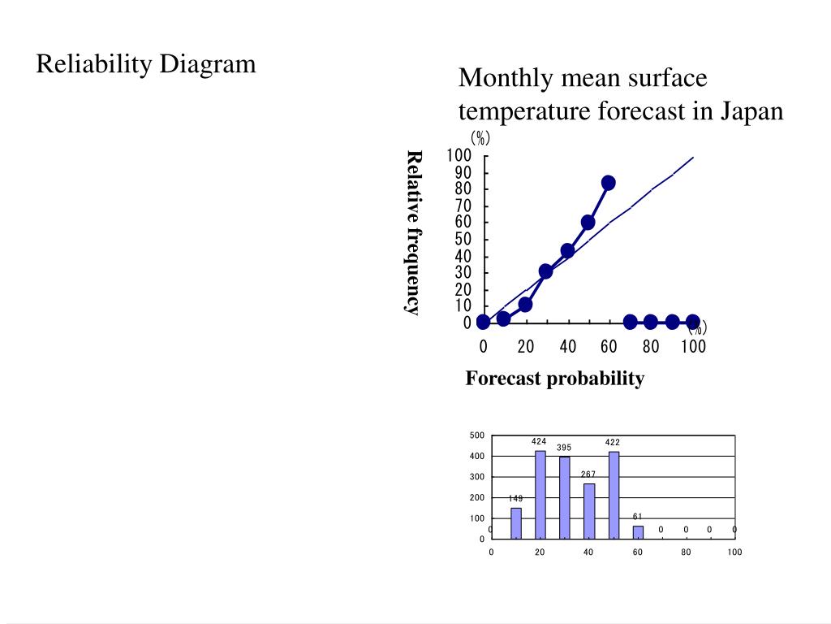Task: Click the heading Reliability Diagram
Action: click(x=146, y=63)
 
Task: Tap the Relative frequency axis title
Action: click(x=413, y=232)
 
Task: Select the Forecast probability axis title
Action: click(x=555, y=379)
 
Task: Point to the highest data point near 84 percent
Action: click(x=608, y=183)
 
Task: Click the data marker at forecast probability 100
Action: click(x=692, y=322)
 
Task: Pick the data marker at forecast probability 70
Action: click(x=630, y=322)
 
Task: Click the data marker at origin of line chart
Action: click(x=483, y=322)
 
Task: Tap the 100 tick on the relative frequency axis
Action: click(x=459, y=155)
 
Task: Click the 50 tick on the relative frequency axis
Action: click(x=462, y=240)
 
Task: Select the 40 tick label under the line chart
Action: click(x=567, y=347)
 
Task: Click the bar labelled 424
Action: click(x=540, y=494)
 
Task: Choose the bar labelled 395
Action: click(x=564, y=497)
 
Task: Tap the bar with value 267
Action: click(x=588, y=510)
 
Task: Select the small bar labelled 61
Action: click(x=638, y=531)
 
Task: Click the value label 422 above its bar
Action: click(x=613, y=442)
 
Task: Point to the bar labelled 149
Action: click(x=515, y=522)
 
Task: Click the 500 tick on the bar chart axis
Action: click(x=476, y=435)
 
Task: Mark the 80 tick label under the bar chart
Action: click(x=686, y=552)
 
